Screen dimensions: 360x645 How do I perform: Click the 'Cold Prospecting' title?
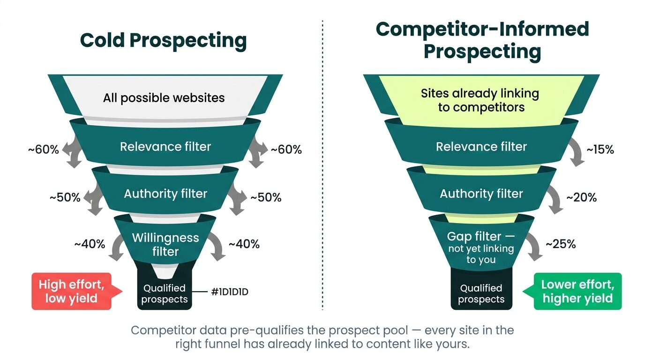(x=163, y=41)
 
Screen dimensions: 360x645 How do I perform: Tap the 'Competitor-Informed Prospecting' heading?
(x=482, y=40)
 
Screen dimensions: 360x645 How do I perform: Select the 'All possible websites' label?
(x=164, y=98)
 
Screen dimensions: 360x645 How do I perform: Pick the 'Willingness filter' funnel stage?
(x=165, y=244)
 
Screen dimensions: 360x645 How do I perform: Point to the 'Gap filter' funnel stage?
(x=481, y=248)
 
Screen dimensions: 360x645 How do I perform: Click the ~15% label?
(x=600, y=150)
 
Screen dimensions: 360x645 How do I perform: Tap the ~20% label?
(x=582, y=197)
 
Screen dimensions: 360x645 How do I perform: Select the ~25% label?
(x=561, y=244)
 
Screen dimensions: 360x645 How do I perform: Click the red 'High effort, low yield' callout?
(x=72, y=291)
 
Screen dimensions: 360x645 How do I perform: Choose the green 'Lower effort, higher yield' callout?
(x=577, y=291)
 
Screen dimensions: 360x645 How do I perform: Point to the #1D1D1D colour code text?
(x=230, y=292)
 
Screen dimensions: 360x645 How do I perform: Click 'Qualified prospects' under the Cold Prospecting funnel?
(x=165, y=294)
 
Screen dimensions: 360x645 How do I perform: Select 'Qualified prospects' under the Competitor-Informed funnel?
(x=481, y=294)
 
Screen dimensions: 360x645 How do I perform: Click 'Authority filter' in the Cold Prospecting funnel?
(x=165, y=194)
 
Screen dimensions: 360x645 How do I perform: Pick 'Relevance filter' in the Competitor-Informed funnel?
(x=481, y=147)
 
